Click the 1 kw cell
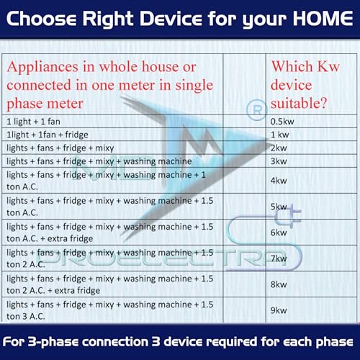(278, 135)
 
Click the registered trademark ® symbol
(253, 110)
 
